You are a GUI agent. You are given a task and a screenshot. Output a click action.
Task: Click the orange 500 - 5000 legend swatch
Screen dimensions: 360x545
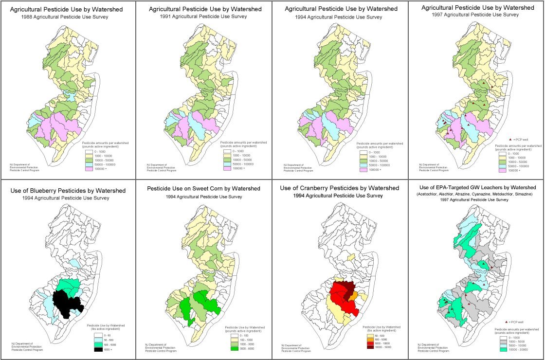[x=369, y=340]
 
